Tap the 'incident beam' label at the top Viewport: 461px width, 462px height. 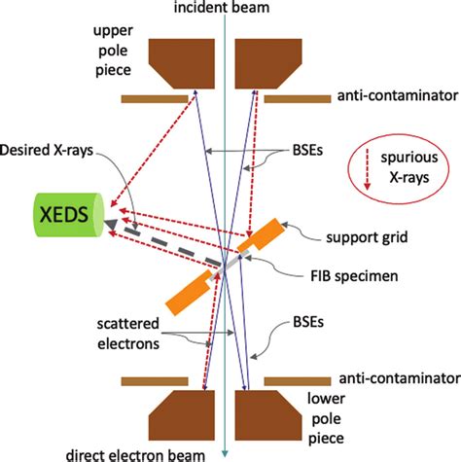pyautogui.click(x=224, y=8)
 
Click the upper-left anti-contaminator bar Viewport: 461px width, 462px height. pyautogui.click(x=154, y=98)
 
